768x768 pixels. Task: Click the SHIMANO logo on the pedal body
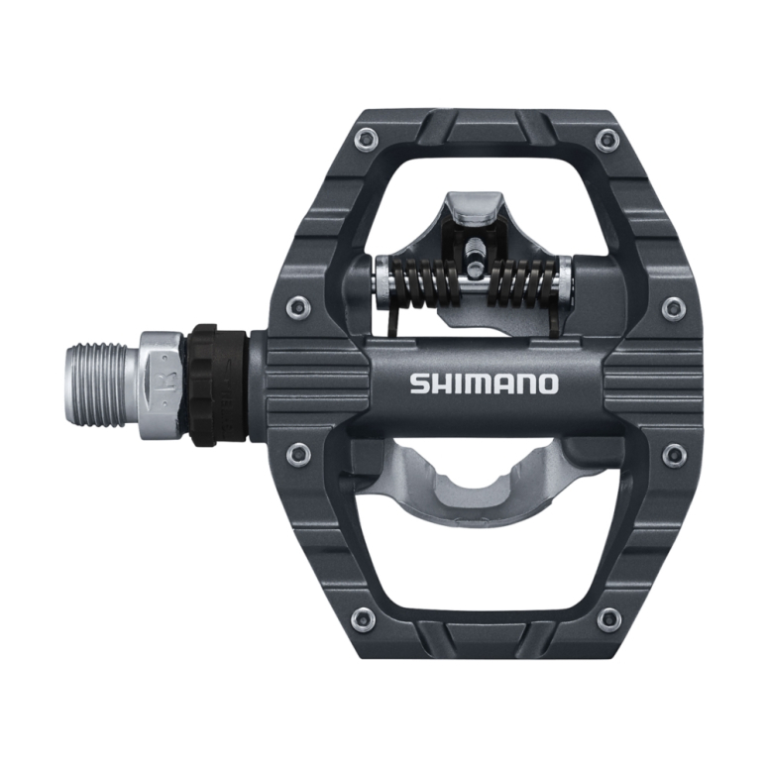(485, 384)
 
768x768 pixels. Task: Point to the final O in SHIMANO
(546, 384)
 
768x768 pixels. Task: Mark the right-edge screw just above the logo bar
(674, 306)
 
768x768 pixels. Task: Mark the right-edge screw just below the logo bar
(674, 455)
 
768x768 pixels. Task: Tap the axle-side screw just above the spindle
(298, 306)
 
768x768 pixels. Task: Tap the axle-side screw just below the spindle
(298, 455)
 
